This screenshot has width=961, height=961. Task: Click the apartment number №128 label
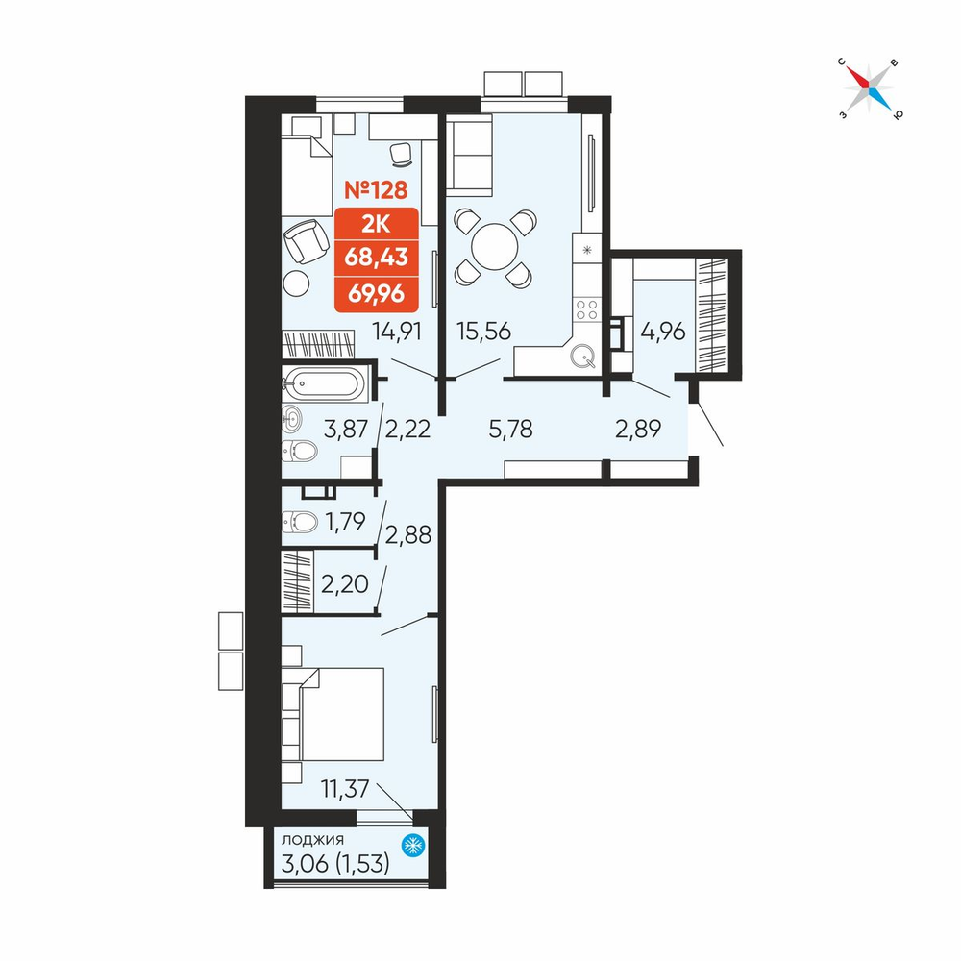click(376, 190)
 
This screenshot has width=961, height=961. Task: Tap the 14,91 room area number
click(397, 332)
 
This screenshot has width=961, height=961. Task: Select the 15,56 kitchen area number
click(483, 331)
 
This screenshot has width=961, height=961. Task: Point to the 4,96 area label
click(662, 332)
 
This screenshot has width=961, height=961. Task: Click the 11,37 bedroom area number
click(345, 789)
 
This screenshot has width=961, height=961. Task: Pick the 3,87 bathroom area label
click(346, 429)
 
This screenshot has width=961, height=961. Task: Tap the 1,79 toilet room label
click(345, 522)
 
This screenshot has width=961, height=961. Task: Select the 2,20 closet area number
click(344, 584)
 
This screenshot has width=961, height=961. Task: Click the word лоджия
click(312, 840)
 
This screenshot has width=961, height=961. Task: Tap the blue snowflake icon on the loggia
click(413, 846)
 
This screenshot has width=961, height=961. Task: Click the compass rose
click(869, 88)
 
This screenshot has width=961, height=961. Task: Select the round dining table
click(495, 246)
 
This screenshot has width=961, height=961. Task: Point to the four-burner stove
click(586, 308)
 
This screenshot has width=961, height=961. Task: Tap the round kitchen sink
click(582, 355)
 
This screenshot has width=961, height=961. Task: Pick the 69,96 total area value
click(377, 294)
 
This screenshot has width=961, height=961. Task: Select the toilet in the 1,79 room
click(300, 522)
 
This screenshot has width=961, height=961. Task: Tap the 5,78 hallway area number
click(510, 429)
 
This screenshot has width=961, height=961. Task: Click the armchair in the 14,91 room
click(306, 241)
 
